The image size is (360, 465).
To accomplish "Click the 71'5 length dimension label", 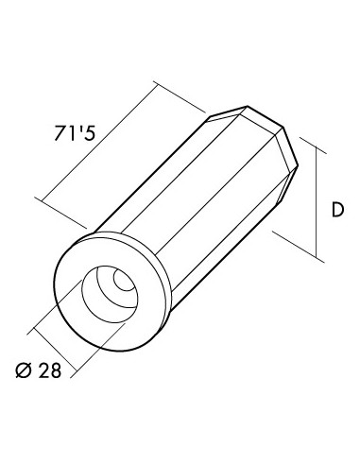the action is click(75, 132).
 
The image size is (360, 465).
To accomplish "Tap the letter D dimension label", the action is click(337, 210).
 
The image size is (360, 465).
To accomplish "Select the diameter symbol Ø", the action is click(24, 370).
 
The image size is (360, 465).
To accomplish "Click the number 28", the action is click(50, 370).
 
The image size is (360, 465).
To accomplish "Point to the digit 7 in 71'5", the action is click(60, 133).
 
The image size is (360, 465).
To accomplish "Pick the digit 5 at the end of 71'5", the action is click(90, 133).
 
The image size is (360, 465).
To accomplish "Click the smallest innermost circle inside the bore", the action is click(126, 280).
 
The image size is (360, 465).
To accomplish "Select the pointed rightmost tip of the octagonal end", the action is click(298, 164).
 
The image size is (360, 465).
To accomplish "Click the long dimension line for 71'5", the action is click(99, 142).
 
